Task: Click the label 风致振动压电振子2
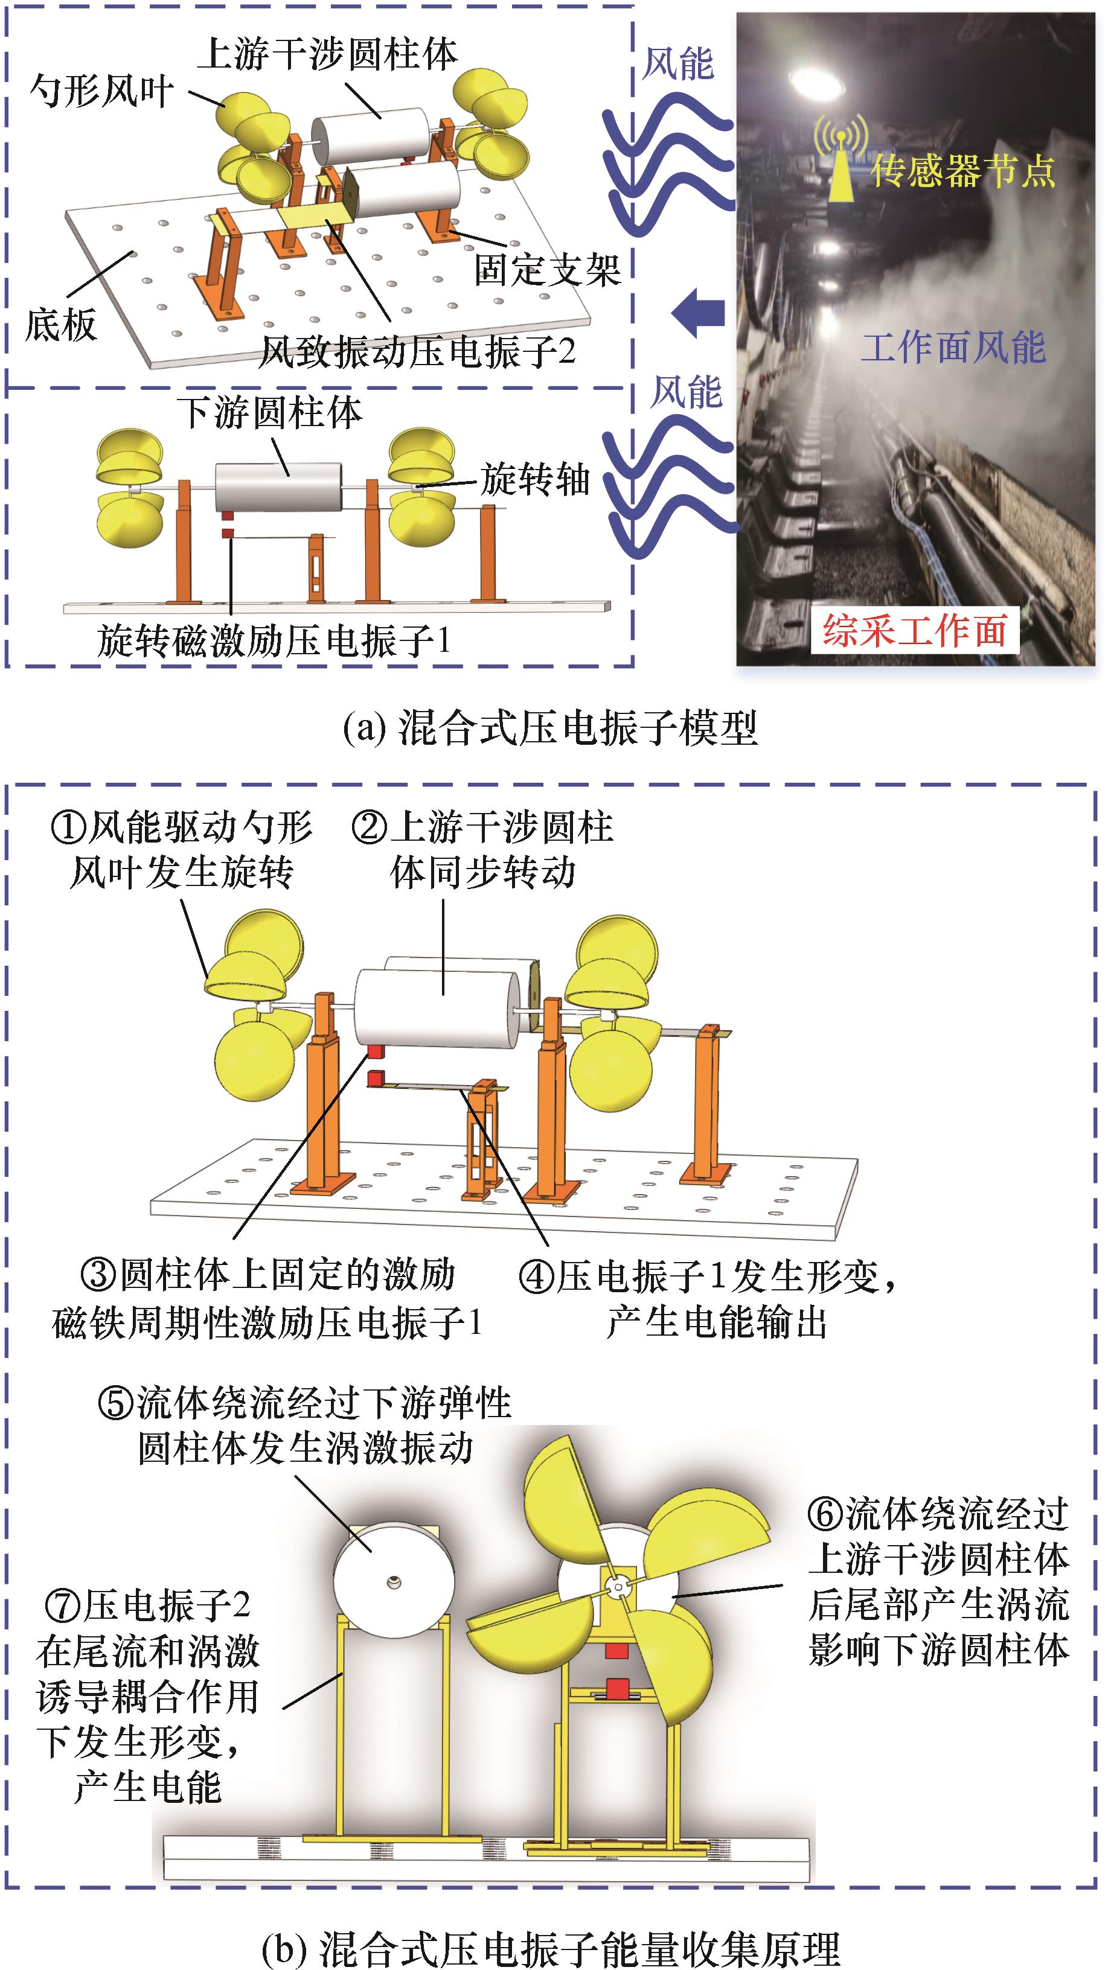[418, 352]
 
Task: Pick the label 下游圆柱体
[270, 413]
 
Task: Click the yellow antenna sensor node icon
[840, 157]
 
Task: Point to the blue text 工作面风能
[953, 348]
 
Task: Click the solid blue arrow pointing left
[698, 312]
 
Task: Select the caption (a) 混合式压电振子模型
[550, 727]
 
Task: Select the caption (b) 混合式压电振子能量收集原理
[551, 1947]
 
